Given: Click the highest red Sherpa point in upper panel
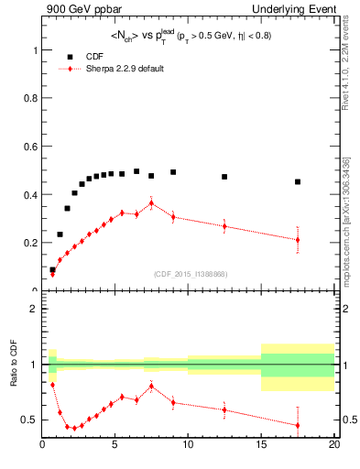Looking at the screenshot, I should coord(151,203).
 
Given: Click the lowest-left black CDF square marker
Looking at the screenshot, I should coord(52,270).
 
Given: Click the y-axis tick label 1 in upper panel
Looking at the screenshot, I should coord(35,50).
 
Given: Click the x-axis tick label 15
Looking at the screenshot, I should coord(261,446).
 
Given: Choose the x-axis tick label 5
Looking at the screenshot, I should coord(115,446).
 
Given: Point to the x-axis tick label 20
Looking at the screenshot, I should coord(333,446).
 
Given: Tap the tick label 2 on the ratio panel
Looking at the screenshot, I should coord(35,310).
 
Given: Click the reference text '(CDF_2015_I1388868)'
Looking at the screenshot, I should coord(191,274).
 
